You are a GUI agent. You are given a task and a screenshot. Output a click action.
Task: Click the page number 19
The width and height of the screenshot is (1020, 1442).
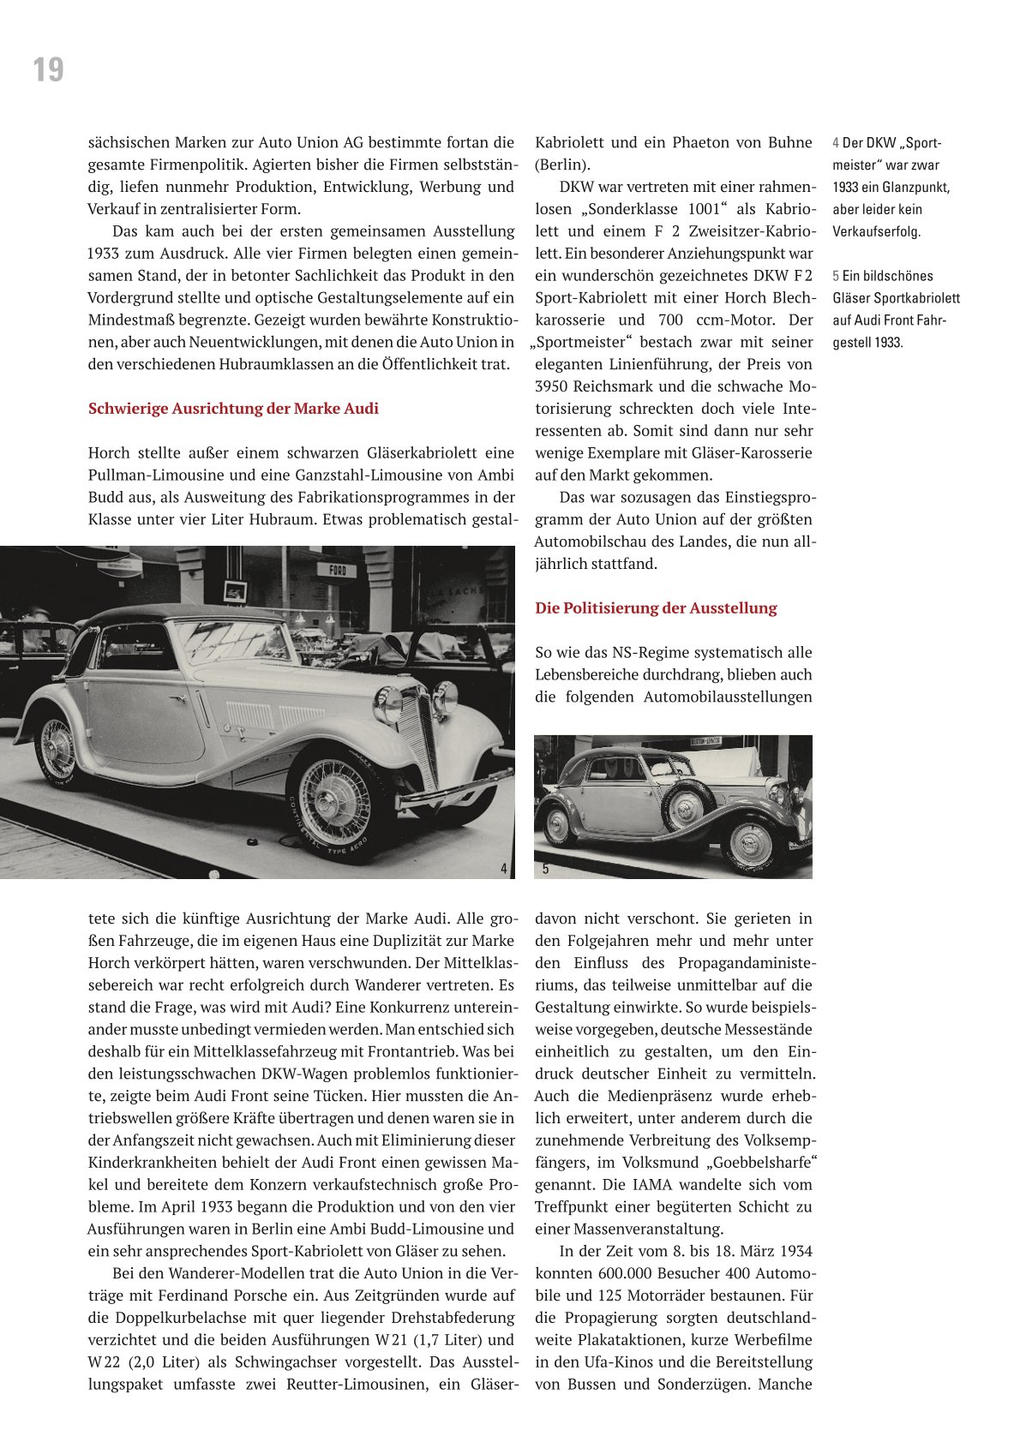click(48, 69)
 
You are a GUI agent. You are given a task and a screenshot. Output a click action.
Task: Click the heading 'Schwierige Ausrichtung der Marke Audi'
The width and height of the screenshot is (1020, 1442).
click(233, 409)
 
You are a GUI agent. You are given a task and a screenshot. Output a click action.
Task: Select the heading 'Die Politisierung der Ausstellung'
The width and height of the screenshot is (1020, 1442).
click(656, 608)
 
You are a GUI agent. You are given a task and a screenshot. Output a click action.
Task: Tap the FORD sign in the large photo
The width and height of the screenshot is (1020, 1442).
click(337, 571)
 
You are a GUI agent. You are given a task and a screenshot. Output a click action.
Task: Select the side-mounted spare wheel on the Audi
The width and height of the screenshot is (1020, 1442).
click(687, 805)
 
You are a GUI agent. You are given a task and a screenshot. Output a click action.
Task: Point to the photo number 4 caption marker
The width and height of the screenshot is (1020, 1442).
click(504, 869)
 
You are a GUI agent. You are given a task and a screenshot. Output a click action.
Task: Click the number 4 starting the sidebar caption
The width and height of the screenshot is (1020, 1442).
click(836, 143)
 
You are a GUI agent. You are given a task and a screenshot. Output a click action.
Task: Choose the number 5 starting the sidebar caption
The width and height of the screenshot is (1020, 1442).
click(836, 276)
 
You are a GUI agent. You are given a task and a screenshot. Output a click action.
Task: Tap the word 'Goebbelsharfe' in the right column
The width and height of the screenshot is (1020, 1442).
click(758, 1163)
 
